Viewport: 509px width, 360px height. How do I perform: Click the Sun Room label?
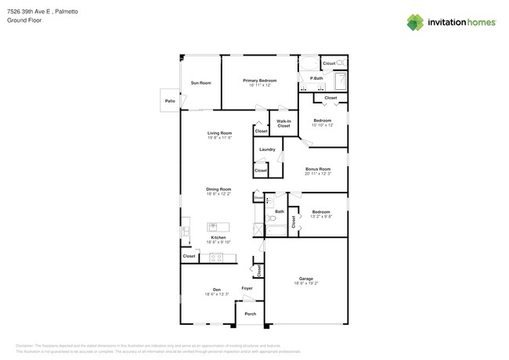click(x=200, y=82)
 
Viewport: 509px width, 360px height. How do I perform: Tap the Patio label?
click(x=169, y=101)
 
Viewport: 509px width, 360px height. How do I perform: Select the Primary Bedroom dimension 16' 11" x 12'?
click(x=259, y=85)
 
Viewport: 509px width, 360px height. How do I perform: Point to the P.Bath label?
click(x=317, y=78)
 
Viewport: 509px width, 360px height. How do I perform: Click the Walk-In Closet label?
click(x=283, y=123)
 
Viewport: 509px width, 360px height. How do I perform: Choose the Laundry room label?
click(x=266, y=149)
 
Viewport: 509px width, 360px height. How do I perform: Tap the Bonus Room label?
click(x=318, y=168)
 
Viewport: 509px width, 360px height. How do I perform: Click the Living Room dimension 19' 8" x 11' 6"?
click(x=219, y=138)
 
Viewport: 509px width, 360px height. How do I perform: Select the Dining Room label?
click(x=218, y=189)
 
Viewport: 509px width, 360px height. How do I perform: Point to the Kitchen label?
click(x=218, y=237)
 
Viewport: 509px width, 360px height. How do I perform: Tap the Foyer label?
click(x=247, y=289)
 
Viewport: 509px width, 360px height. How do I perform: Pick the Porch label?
click(x=250, y=314)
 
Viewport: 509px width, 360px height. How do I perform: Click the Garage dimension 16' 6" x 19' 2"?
click(x=305, y=283)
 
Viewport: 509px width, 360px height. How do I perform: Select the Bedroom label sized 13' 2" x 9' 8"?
click(x=321, y=211)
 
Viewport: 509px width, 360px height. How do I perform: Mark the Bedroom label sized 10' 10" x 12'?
click(x=323, y=120)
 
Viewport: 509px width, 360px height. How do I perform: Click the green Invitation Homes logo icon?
click(x=415, y=22)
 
